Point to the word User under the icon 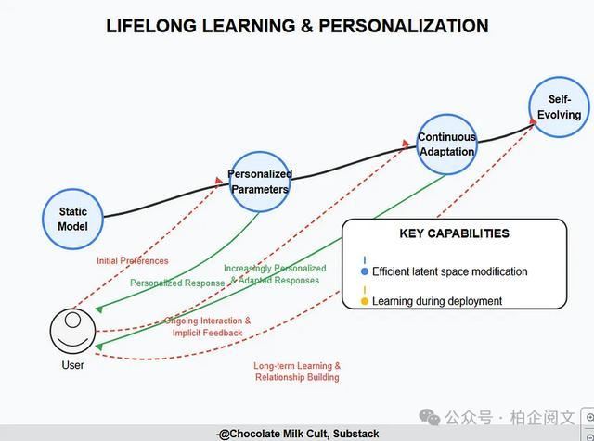pos(72,365)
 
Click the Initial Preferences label pos(133,261)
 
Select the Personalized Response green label pos(177,283)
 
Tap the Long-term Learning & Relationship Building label pos(297,372)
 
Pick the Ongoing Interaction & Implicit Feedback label pos(208,327)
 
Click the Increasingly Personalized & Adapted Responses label pos(275,274)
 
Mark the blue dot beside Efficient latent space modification pos(365,271)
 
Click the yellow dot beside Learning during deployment pos(365,301)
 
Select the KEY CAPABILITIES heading pos(454,233)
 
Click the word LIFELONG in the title pos(151,26)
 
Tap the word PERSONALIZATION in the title pos(404,26)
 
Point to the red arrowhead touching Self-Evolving pos(533,121)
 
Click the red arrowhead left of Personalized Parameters pos(219,181)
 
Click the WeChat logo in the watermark pos(430,417)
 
